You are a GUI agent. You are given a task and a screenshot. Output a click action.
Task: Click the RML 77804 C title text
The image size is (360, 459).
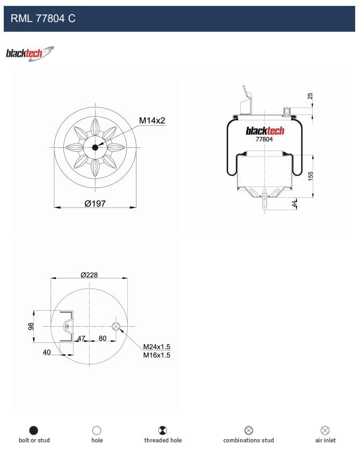(43, 18)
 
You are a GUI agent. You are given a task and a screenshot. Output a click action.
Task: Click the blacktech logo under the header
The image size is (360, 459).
(30, 54)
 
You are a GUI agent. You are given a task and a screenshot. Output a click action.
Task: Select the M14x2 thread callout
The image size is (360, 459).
(152, 120)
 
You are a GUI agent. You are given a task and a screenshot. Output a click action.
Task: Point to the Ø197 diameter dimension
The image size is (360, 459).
(95, 204)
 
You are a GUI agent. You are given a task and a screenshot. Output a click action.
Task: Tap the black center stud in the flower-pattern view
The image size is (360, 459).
(95, 147)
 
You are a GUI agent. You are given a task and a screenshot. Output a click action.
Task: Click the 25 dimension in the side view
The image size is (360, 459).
(310, 96)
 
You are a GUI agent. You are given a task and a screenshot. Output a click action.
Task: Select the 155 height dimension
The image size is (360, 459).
(311, 176)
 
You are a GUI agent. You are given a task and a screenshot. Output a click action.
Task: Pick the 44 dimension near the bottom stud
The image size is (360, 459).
(294, 204)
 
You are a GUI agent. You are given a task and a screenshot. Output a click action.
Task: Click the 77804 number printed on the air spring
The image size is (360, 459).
(264, 139)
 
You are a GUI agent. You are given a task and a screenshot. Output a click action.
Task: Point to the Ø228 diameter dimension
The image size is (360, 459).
(89, 275)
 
